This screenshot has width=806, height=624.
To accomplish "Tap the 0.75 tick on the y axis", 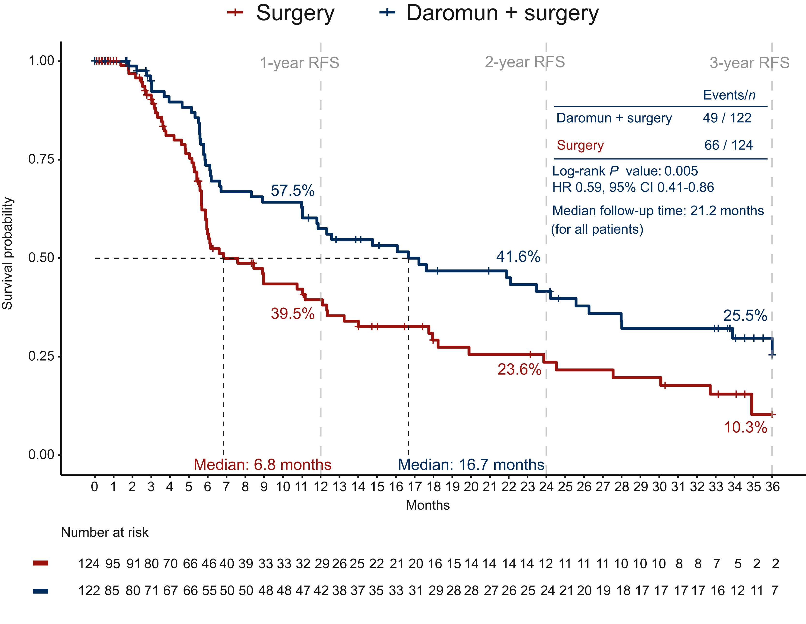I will pos(41,159).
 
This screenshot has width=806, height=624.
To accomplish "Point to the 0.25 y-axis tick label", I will pos(41,356).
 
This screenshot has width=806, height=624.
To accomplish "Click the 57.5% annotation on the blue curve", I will pos(292,191).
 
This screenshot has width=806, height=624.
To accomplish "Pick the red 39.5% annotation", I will pos(292,314).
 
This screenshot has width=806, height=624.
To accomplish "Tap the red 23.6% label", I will pos(519,369).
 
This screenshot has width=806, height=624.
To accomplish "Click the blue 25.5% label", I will pos(745,315).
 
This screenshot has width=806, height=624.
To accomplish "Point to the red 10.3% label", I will pos(745,427).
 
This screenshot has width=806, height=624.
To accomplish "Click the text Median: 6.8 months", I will pos(262,465).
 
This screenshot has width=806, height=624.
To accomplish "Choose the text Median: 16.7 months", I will pos(471,465).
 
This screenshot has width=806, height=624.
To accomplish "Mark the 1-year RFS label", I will pos(299,63).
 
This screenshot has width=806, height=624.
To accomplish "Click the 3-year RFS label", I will pos(749,63).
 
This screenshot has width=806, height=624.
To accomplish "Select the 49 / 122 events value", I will pos(727,118).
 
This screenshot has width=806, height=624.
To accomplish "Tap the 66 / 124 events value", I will pos(728,145).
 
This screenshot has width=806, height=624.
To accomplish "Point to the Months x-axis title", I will pos(428,505).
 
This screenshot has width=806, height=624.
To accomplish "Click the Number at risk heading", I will pos(105,533).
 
